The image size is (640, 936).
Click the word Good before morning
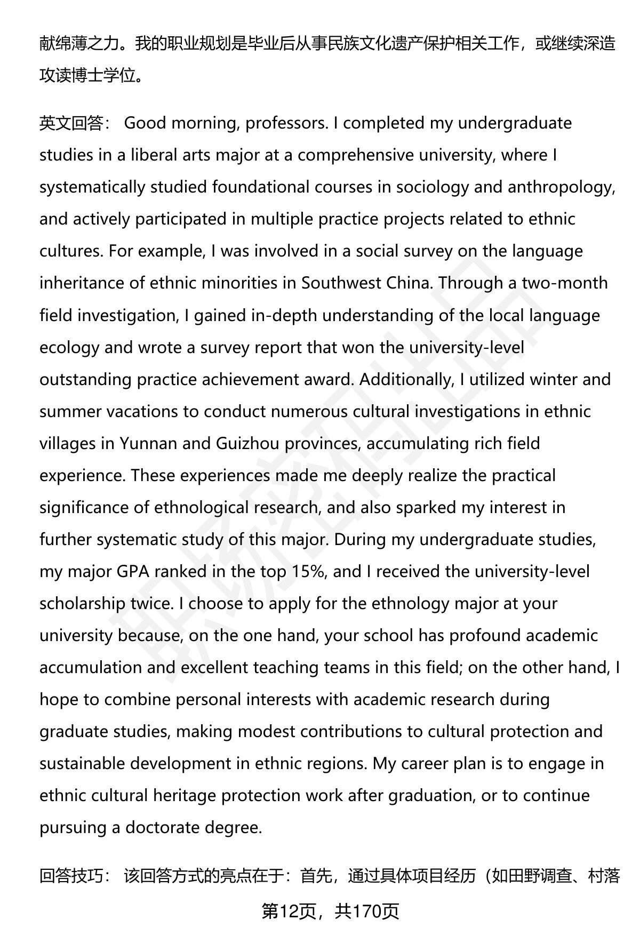click(146, 124)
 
